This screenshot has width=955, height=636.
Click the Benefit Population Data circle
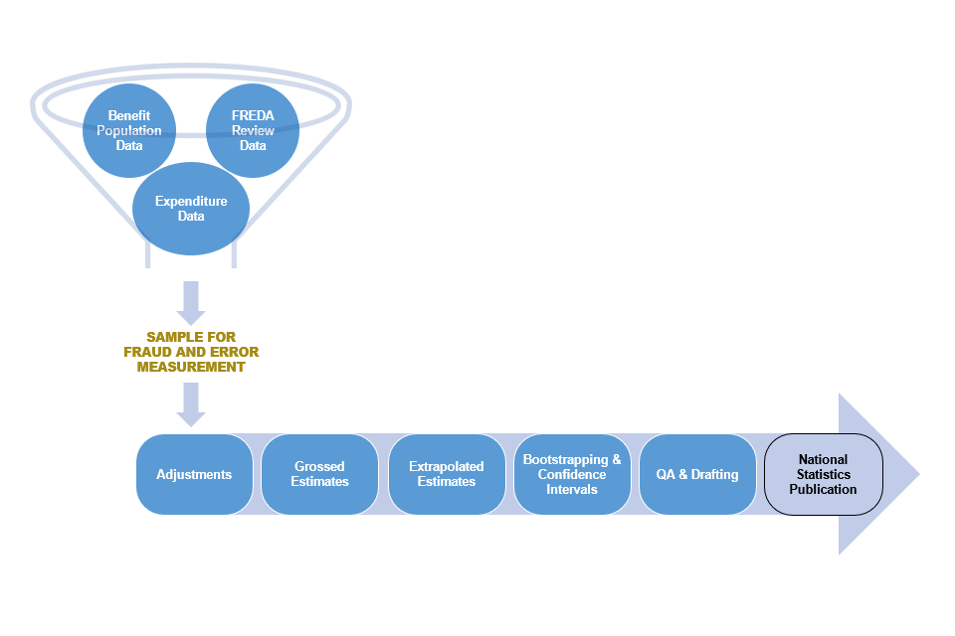point(128,130)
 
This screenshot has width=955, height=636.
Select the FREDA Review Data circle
point(253,130)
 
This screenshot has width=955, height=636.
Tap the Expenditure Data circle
point(191,209)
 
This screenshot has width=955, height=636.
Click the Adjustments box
point(194,474)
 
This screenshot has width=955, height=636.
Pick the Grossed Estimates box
point(319,474)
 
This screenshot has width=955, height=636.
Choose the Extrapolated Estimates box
point(447,474)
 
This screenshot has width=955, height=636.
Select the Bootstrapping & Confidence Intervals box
point(572,474)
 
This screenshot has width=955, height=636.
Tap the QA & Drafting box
point(697,474)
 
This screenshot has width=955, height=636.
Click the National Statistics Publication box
point(823,474)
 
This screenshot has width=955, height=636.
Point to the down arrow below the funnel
point(191,302)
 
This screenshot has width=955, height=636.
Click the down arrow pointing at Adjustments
point(191,403)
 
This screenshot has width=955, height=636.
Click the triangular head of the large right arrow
point(875,474)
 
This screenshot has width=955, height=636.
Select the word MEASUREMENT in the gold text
point(191,367)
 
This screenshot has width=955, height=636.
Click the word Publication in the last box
point(823,489)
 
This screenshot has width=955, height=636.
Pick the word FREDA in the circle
point(253,115)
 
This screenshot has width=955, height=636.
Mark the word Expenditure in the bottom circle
point(191,202)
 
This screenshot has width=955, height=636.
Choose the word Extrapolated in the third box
point(447,466)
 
